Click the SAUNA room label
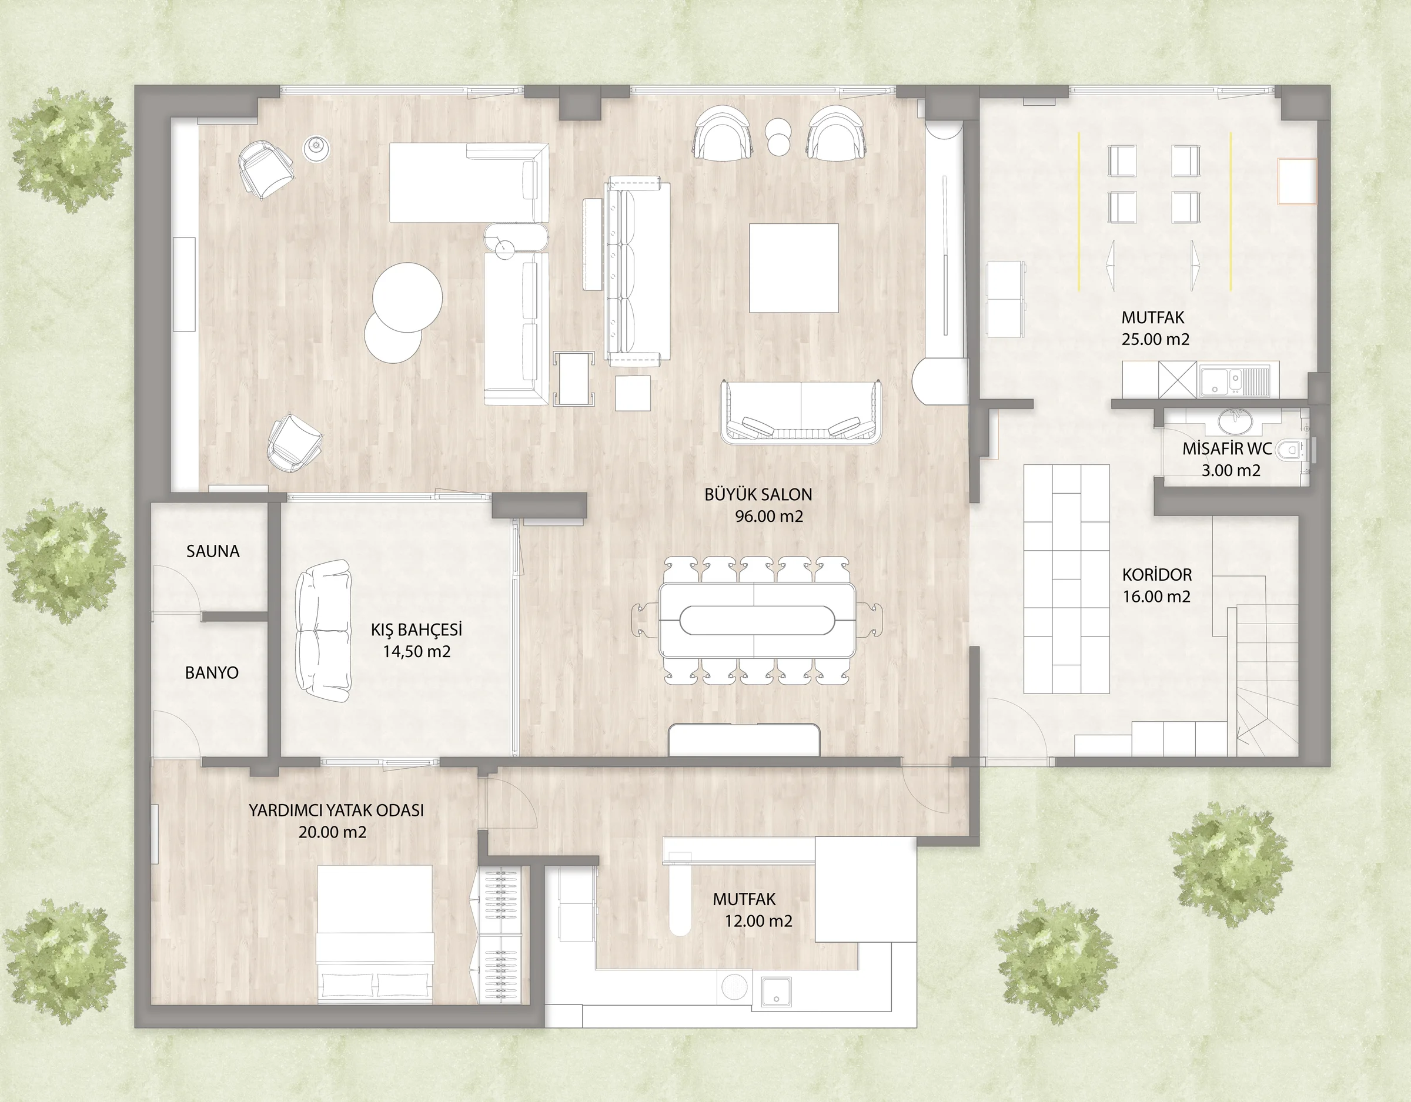[213, 551]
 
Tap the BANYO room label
[212, 672]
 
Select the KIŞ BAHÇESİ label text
[416, 629]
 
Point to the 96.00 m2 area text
[769, 517]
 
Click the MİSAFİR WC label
[1227, 448]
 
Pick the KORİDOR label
[1156, 574]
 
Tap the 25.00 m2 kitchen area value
[1155, 339]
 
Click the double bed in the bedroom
[375, 934]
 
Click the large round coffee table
[407, 297]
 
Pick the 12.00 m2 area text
[758, 921]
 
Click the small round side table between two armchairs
[778, 136]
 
